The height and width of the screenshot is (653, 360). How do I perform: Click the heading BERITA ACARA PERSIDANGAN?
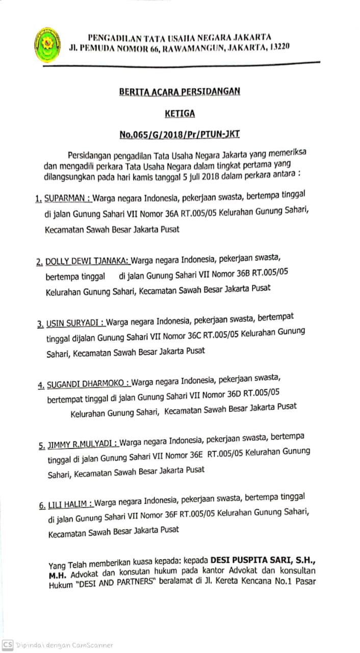click(179, 92)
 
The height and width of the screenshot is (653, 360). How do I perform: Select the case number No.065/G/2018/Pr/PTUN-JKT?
click(179, 135)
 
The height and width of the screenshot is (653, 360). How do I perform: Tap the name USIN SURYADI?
click(75, 323)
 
